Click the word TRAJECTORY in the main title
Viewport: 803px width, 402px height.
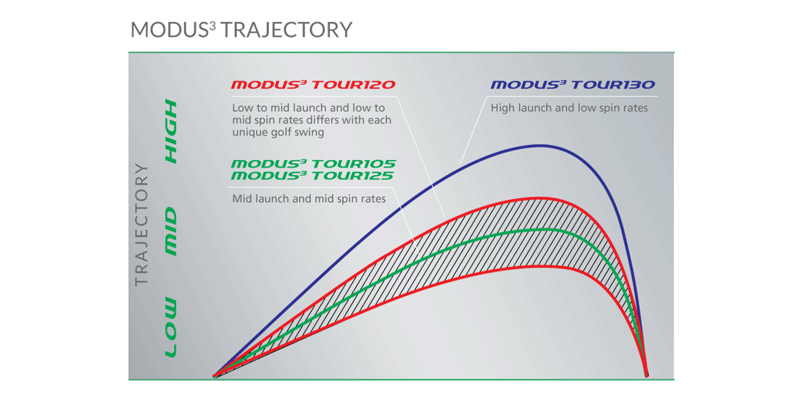pyautogui.click(x=286, y=30)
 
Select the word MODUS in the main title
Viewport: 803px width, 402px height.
pyautogui.click(x=169, y=30)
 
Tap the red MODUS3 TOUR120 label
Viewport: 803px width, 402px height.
pyautogui.click(x=313, y=84)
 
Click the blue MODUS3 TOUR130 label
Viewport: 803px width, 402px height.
pyautogui.click(x=573, y=84)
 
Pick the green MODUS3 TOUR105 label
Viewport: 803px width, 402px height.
pyautogui.click(x=313, y=164)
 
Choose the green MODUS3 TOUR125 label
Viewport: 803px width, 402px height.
pyautogui.click(x=312, y=176)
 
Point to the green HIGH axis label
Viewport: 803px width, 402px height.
pyautogui.click(x=171, y=131)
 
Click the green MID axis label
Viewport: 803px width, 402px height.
pyautogui.click(x=171, y=231)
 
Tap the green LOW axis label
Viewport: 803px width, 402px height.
pyautogui.click(x=171, y=327)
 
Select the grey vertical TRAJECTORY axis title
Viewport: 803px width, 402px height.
pyautogui.click(x=141, y=225)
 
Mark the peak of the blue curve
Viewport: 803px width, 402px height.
pyautogui.click(x=540, y=146)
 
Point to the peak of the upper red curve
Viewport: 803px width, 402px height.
pyautogui.click(x=540, y=198)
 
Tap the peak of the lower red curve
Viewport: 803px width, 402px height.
pyautogui.click(x=540, y=266)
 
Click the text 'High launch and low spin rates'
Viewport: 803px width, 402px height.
pyautogui.click(x=569, y=108)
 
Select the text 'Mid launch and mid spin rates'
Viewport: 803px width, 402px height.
pyautogui.click(x=309, y=199)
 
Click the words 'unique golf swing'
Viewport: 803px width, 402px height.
pyautogui.click(x=278, y=132)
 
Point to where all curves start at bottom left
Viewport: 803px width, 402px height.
pyautogui.click(x=214, y=376)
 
